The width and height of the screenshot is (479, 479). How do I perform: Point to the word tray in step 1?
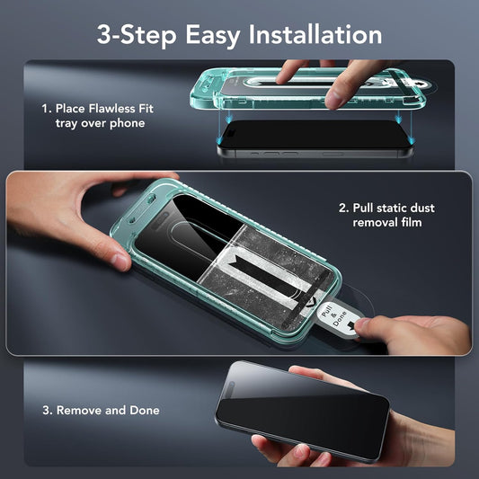point(68,123)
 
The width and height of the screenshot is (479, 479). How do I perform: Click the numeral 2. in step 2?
point(345,207)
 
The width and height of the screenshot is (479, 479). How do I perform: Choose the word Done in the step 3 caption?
point(144,410)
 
